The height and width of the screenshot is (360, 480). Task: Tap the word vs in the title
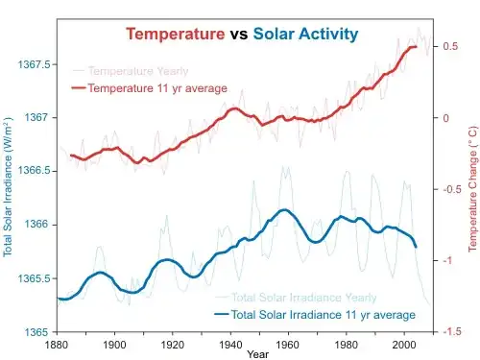click(239, 35)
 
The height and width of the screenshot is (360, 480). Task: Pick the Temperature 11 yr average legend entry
click(156, 88)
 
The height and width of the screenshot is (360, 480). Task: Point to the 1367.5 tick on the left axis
click(33, 64)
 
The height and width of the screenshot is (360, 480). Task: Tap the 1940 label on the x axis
click(230, 344)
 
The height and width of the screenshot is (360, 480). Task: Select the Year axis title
click(257, 354)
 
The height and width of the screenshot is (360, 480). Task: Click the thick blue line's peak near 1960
click(284, 209)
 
